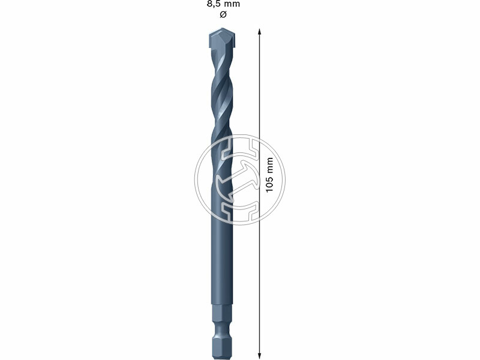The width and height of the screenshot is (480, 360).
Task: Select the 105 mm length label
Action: click(269, 174)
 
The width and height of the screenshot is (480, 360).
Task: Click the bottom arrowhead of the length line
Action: click(259, 355)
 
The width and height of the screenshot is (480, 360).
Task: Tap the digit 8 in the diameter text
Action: click(209, 4)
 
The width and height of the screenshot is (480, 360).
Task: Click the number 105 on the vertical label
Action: click(269, 182)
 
